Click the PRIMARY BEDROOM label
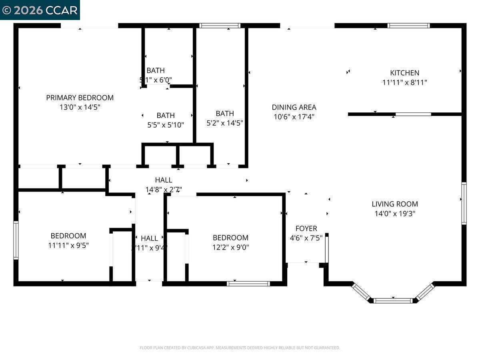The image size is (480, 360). coord(80,98)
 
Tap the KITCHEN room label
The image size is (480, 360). coord(404,73)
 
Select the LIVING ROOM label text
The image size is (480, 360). coord(394,204)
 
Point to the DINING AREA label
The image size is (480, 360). coord(294,107)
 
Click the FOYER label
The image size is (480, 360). coord(306,228)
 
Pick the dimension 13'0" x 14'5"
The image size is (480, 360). coord(80,107)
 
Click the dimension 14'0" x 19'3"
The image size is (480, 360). coord(394,214)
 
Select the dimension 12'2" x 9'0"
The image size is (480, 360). coord(230,247)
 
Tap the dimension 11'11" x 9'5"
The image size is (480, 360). coord(68,245)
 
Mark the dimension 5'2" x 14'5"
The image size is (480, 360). coord(225,123)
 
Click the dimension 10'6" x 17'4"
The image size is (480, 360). coord(294,117)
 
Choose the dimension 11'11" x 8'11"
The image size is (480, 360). coord(404,82)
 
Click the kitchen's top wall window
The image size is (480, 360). coord(408,26)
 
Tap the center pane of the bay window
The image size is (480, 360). coord(393,300)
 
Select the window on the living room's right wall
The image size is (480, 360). coord(464,203)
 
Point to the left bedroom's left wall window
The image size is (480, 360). coord(16,240)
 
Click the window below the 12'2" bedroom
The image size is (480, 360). coord(248,284)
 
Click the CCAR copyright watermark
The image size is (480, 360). coord(40,10)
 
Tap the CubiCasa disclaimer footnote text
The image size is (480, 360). coord(240,348)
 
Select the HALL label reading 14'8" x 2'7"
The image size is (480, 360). coord(164,180)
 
